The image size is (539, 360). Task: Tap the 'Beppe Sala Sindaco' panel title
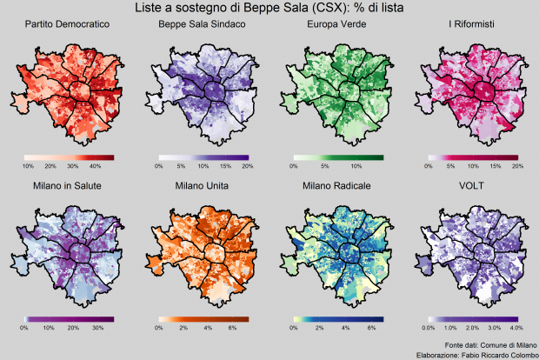pos(202,25)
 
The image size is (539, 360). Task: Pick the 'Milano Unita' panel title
pos(202,186)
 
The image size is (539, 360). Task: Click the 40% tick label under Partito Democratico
pos(96,165)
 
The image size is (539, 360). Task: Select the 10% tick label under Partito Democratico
pos(28,165)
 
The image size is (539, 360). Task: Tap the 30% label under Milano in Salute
pos(97,328)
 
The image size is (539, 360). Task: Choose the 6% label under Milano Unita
pos(231,328)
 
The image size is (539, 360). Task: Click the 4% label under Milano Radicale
pos(345,328)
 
